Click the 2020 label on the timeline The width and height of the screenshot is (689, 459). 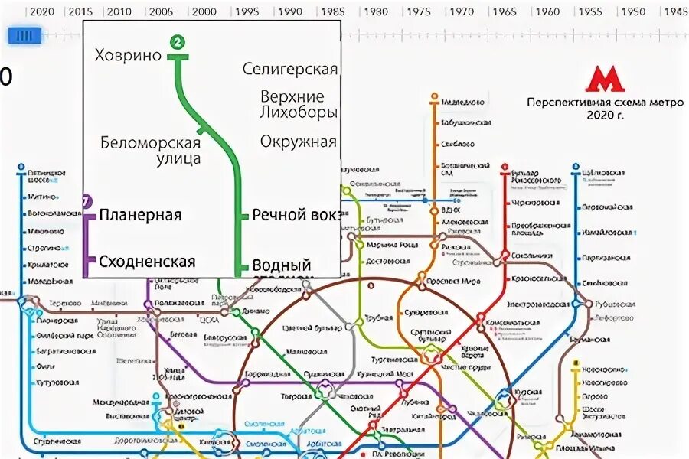pyautogui.click(x=38, y=11)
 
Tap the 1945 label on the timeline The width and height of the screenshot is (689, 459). pyautogui.click(x=674, y=11)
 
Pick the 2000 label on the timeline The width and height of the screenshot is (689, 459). pyautogui.click(x=203, y=11)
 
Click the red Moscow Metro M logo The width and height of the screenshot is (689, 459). pyautogui.click(x=605, y=80)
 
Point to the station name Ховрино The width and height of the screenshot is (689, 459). pyautogui.click(x=128, y=55)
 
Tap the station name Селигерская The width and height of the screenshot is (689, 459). pyautogui.click(x=290, y=70)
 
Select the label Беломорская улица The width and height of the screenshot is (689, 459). pyautogui.click(x=150, y=151)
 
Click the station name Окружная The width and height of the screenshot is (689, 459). pyautogui.click(x=299, y=142)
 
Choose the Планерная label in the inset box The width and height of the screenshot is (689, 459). pyautogui.click(x=140, y=215)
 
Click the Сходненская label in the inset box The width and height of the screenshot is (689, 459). pyautogui.click(x=147, y=262)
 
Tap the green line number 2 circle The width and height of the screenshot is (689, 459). pyautogui.click(x=178, y=43)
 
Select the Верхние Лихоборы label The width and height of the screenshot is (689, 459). pyautogui.click(x=299, y=105)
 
